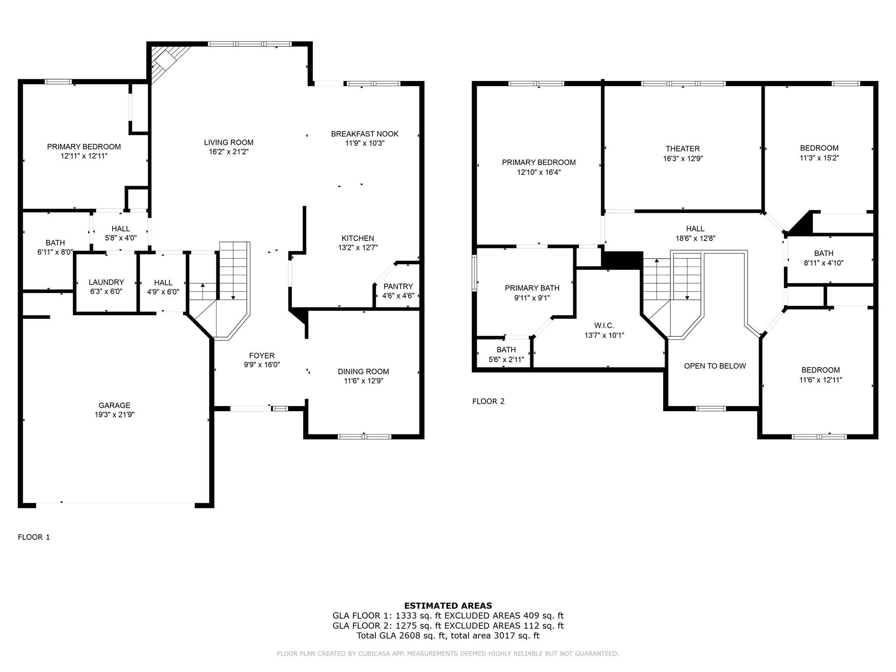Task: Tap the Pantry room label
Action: click(398, 287)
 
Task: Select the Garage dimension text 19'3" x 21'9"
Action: click(114, 415)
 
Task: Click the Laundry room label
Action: click(106, 282)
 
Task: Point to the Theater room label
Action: click(682, 149)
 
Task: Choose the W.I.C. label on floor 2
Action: click(604, 325)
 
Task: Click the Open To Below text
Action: click(714, 366)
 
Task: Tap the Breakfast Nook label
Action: click(364, 134)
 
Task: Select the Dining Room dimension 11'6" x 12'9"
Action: click(363, 381)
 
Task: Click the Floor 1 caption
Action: click(34, 537)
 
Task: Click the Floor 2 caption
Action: click(488, 401)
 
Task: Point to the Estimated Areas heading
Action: click(448, 605)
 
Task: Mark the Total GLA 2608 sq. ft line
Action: click(448, 635)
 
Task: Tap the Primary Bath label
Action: click(532, 288)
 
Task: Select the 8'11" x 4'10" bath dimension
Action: click(823, 263)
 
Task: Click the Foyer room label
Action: click(262, 356)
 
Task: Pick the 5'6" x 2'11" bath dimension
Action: click(506, 360)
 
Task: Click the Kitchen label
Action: click(357, 238)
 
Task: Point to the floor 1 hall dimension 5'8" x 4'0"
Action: click(120, 238)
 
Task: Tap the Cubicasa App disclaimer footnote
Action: click(448, 654)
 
